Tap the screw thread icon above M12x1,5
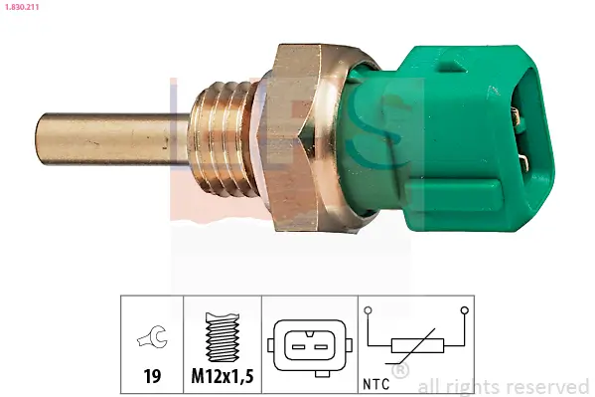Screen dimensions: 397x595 (x=223, y=339)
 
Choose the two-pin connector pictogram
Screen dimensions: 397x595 (x=308, y=346)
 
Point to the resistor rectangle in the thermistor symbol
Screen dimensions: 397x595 (x=412, y=346)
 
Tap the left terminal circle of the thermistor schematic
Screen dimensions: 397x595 (x=370, y=310)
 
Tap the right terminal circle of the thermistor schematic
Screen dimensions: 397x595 (x=463, y=310)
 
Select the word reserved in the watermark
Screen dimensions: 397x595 (x=549, y=386)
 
